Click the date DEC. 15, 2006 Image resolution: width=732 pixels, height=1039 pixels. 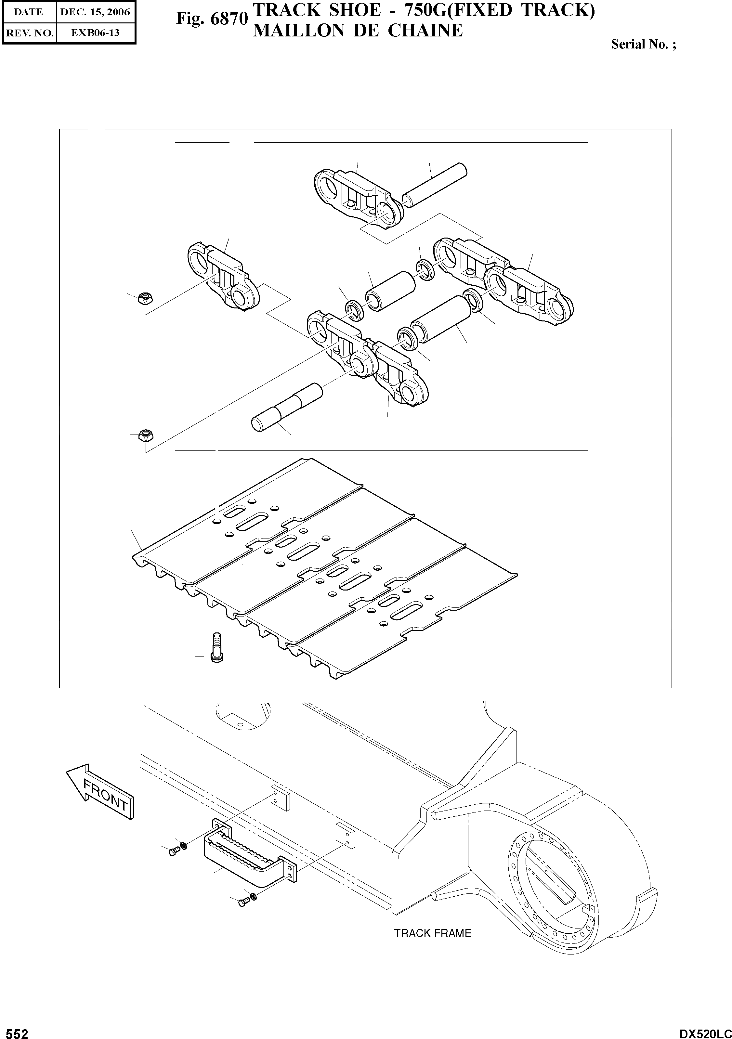[x=95, y=12]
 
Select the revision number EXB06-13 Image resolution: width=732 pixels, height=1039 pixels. [x=95, y=32]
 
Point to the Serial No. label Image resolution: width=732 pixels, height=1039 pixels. [x=643, y=44]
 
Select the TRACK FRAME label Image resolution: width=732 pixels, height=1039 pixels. [x=432, y=933]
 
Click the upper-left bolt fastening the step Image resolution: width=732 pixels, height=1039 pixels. [x=173, y=852]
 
